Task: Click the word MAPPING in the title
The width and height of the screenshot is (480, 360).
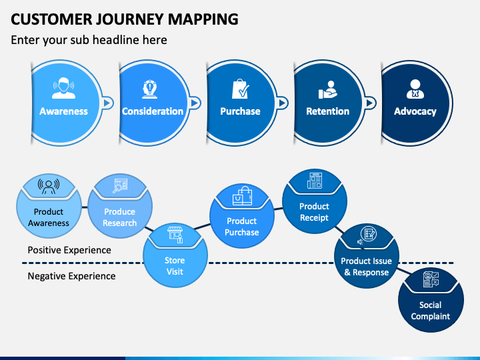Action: click(x=203, y=19)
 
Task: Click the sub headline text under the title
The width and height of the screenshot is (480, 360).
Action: click(x=89, y=40)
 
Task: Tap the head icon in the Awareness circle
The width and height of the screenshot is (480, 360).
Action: click(x=64, y=88)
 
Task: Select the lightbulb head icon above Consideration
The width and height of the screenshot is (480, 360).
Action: click(x=150, y=89)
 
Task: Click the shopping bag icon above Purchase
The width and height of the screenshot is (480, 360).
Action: click(x=240, y=89)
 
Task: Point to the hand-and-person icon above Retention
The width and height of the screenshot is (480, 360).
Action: click(x=327, y=90)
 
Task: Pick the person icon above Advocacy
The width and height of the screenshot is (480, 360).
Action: click(x=415, y=89)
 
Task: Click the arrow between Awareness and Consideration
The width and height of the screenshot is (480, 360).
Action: click(x=107, y=103)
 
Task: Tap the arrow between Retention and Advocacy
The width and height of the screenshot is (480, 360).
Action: click(x=370, y=103)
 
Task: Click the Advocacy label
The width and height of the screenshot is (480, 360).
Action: click(x=415, y=111)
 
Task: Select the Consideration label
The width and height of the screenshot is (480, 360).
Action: click(x=153, y=111)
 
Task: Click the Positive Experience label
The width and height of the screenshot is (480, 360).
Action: click(x=69, y=250)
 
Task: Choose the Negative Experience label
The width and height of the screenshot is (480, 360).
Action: click(x=71, y=276)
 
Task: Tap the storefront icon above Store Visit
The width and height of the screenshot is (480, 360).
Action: click(x=175, y=235)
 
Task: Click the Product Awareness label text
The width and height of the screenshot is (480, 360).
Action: click(x=49, y=217)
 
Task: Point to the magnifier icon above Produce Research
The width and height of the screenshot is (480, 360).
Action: click(x=120, y=186)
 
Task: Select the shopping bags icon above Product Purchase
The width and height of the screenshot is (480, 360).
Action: click(x=243, y=196)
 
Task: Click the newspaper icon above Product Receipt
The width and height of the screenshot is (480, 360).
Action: click(x=315, y=181)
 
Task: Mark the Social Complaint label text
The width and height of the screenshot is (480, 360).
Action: click(x=431, y=311)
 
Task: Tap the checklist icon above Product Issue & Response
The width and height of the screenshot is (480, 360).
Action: click(x=367, y=236)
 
